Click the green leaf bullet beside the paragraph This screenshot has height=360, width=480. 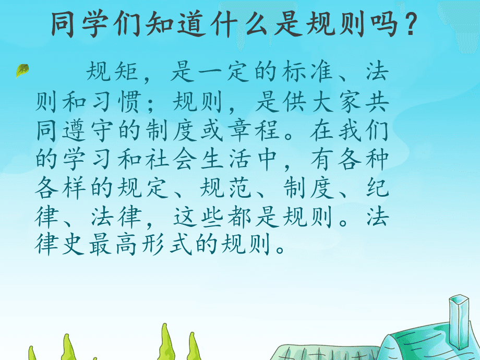click(22, 70)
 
